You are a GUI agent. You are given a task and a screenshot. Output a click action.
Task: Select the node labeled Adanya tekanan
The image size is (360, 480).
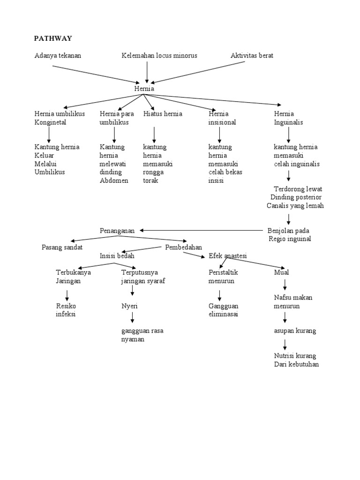pyautogui.click(x=58, y=55)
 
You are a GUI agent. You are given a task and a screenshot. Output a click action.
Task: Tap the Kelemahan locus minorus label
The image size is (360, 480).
pyautogui.click(x=159, y=55)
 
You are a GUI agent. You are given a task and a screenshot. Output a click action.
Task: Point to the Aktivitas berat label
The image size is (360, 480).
pyautogui.click(x=252, y=55)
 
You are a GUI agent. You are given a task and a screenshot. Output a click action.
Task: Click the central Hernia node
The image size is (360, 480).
pyautogui.click(x=144, y=89)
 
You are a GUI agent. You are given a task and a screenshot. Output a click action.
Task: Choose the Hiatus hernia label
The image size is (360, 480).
pyautogui.click(x=163, y=114)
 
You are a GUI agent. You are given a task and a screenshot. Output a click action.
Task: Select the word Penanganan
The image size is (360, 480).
pyautogui.click(x=117, y=231)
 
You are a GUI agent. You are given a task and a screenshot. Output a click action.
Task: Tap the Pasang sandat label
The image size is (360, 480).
pyautogui.click(x=62, y=247)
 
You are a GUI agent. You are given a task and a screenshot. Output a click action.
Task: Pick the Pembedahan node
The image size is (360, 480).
pyautogui.click(x=184, y=247)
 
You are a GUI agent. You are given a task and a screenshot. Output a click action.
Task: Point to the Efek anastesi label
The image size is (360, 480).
pyautogui.click(x=228, y=255)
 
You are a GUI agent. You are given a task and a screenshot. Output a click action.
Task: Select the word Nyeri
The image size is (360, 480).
pyautogui.click(x=129, y=306)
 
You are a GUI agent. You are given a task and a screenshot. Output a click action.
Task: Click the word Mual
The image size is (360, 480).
pyautogui.click(x=281, y=272)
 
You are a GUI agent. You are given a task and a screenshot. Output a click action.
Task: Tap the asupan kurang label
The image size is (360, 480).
pyautogui.click(x=295, y=330)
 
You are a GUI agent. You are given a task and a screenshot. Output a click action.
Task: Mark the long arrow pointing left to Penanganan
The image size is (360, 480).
pyautogui.click(x=202, y=230)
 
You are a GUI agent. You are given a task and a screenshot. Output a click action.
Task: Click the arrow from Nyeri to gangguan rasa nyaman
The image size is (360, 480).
pyautogui.click(x=133, y=317)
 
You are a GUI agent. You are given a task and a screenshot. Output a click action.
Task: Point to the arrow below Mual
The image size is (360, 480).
pyautogui.click(x=285, y=284)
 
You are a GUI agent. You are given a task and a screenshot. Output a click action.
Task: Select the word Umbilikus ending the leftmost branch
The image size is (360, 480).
pyautogui.click(x=50, y=172)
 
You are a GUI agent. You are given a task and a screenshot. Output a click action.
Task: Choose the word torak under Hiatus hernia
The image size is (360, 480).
pyautogui.click(x=150, y=180)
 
